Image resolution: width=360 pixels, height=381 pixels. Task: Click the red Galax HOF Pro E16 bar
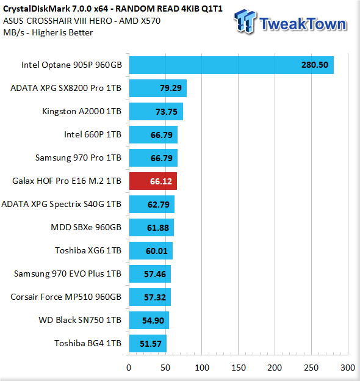[153, 181]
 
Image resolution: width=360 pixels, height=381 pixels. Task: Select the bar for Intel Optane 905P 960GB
[231, 65]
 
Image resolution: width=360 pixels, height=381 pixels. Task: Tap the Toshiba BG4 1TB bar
[148, 343]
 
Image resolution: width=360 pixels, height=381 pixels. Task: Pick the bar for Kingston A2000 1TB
[156, 111]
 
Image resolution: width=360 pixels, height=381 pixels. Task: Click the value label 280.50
[315, 65]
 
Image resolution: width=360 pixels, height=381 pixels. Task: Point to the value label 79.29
[171, 88]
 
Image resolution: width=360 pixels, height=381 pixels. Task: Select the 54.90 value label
[153, 321]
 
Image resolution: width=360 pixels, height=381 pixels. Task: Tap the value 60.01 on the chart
[157, 251]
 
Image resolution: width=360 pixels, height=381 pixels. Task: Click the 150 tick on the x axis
[239, 368]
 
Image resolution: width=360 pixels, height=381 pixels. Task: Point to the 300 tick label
[348, 368]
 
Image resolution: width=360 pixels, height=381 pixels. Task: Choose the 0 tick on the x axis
[129, 368]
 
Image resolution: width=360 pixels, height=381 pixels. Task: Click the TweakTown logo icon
[245, 21]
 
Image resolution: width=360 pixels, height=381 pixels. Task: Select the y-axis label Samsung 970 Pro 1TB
[78, 158]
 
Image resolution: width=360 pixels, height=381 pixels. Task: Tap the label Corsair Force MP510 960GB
[66, 297]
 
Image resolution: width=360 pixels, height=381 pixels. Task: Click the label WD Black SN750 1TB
[80, 320]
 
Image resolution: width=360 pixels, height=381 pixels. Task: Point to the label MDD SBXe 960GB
[86, 227]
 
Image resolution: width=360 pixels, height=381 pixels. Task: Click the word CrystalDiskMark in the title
[37, 9]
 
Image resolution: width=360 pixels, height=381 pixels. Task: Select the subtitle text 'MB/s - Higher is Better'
[48, 32]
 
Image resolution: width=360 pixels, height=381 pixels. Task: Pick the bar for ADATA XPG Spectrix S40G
[152, 204]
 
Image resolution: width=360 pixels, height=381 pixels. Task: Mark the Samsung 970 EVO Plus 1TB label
[68, 274]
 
